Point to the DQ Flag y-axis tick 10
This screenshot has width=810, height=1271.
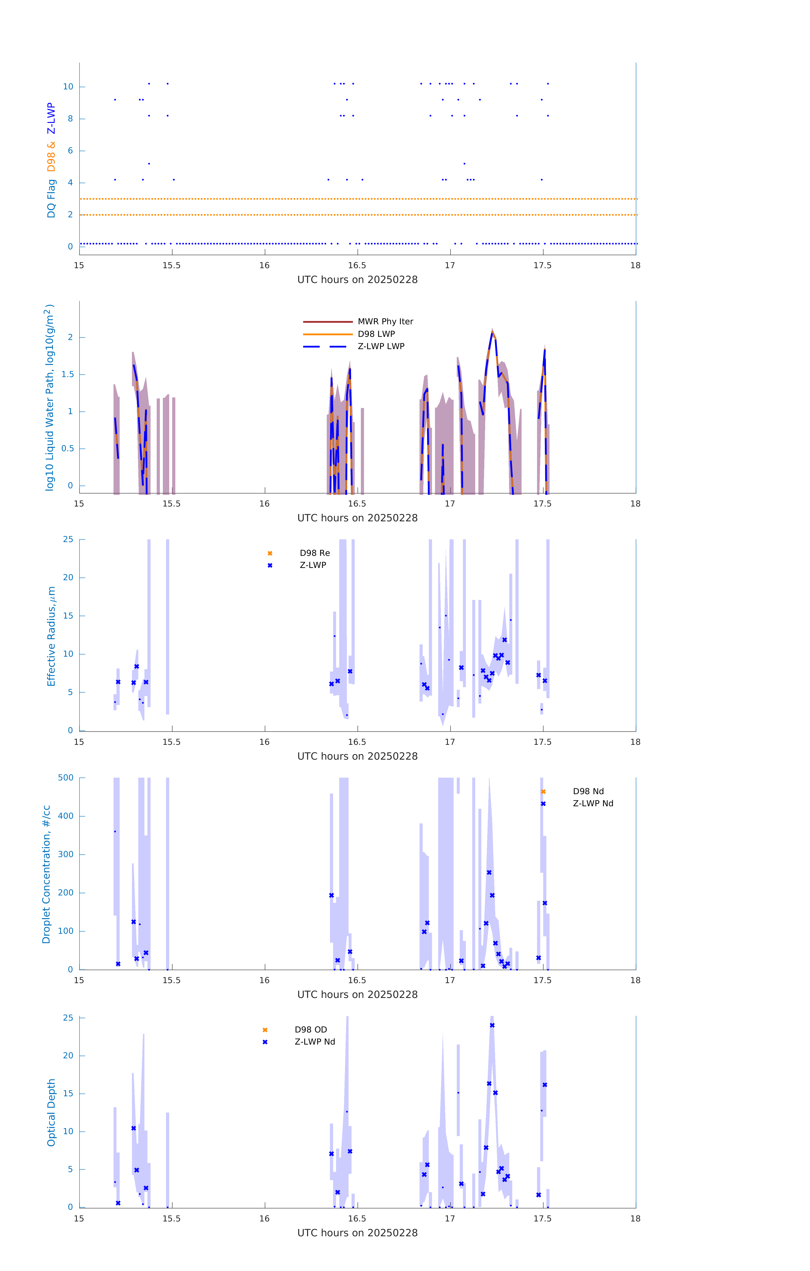click(68, 87)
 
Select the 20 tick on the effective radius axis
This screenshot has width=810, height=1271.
click(68, 577)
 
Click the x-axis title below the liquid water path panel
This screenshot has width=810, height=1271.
click(357, 518)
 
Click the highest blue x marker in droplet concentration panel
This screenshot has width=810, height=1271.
click(489, 873)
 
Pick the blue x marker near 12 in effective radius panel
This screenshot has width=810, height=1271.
click(504, 640)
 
